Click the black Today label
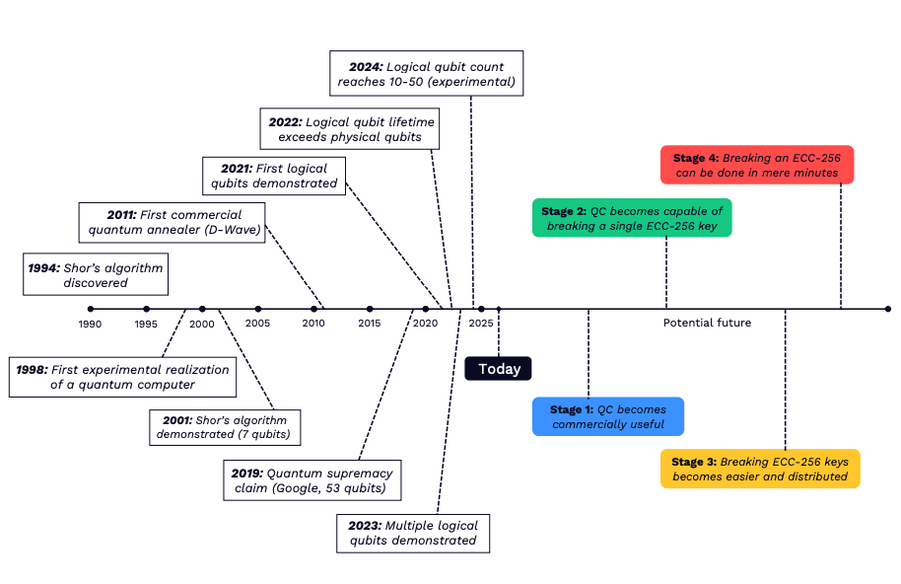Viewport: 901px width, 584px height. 499,368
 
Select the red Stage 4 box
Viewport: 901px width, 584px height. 756,165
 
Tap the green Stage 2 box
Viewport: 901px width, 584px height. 632,219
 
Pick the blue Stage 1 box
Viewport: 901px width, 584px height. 608,416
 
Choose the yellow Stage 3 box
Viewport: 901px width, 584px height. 759,469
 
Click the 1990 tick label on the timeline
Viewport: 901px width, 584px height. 90,324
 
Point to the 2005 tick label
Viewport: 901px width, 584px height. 258,324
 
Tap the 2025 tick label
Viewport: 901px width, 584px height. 481,324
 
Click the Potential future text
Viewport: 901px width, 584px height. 707,323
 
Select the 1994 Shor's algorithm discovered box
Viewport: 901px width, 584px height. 95,274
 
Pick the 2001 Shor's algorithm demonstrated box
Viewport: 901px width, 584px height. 226,427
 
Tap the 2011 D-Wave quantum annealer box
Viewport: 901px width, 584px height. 173,222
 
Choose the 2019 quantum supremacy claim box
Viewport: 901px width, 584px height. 312,479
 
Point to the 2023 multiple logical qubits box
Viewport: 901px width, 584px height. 412,533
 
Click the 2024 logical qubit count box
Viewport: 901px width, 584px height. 426,74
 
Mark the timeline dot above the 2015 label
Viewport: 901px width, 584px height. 370,309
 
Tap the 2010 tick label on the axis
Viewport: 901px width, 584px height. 313,324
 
